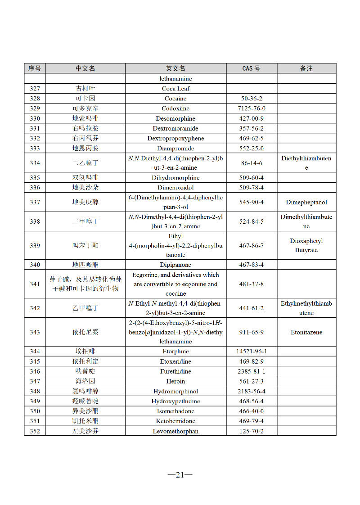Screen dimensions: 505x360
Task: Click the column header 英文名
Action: [175, 68]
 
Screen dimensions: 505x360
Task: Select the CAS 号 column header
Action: [251, 68]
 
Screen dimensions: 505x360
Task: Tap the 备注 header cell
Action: [306, 68]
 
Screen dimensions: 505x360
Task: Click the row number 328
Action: [35, 99]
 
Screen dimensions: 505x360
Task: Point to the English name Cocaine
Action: [175, 99]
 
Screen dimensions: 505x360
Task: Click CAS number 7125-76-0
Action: [252, 108]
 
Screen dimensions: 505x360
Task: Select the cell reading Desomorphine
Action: [175, 118]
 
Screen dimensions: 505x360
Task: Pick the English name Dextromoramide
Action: [175, 128]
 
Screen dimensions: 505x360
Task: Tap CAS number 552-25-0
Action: [252, 149]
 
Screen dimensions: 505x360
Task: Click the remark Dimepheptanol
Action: [306, 203]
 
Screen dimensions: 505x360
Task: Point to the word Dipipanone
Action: [175, 265]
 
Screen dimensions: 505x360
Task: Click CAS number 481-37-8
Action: [252, 284]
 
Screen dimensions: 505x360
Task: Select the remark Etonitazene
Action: [306, 332]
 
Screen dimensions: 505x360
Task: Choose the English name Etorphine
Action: [175, 352]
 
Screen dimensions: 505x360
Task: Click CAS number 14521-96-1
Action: [252, 352]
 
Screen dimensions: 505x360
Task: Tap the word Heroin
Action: [175, 381]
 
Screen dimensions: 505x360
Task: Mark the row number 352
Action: [35, 431]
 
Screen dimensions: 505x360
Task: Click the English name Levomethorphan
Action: [175, 431]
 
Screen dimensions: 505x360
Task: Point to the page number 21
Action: [180, 474]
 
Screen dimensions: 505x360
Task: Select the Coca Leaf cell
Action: [175, 89]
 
